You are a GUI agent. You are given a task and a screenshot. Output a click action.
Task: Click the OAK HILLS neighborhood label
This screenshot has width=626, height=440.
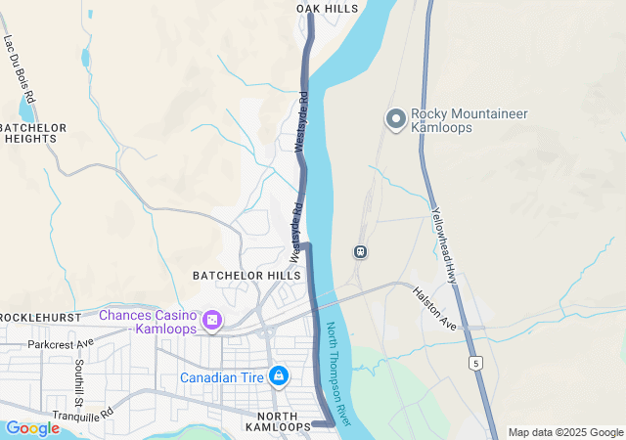327,8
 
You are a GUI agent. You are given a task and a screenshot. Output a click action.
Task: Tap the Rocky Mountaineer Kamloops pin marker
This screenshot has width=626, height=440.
396,119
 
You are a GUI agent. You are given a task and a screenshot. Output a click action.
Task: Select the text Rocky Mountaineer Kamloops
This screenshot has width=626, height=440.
455,120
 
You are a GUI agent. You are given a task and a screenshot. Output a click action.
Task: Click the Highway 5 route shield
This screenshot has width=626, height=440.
475,363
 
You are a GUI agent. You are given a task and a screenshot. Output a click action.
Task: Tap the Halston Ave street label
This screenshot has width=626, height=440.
435,307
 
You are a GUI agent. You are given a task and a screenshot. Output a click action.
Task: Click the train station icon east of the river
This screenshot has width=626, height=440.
360,251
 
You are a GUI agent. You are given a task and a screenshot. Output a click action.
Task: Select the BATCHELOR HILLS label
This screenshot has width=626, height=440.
246,276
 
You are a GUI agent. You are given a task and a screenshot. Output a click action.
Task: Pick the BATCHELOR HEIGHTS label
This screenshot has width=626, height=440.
33,134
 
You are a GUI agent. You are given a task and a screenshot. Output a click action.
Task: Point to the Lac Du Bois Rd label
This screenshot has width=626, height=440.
20,70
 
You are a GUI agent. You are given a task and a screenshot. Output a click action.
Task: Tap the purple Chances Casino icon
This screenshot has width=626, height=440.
211,321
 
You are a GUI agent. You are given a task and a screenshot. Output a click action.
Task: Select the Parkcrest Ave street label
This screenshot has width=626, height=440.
61,344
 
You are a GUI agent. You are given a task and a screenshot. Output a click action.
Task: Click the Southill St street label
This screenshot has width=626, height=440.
79,383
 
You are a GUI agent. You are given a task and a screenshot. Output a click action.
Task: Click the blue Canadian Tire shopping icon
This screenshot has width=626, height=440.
279,375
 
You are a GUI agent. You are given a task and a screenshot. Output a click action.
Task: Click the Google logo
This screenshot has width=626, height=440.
32,428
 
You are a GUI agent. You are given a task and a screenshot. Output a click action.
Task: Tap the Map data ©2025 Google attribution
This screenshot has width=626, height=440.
564,432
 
